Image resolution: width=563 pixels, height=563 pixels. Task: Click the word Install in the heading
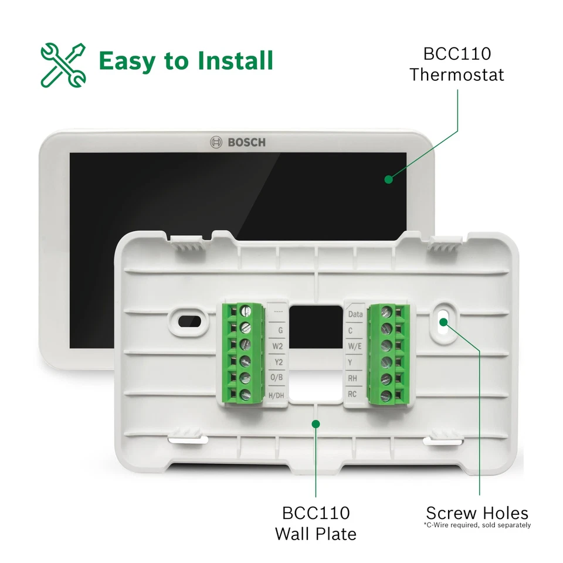pyautogui.click(x=230, y=61)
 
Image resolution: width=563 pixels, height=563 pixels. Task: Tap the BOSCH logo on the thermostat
pyautogui.click(x=238, y=142)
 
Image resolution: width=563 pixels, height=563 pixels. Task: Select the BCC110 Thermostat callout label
pyautogui.click(x=457, y=65)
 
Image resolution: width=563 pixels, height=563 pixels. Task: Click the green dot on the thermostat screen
pyautogui.click(x=388, y=179)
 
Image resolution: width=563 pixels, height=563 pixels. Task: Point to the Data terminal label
pyautogui.click(x=355, y=314)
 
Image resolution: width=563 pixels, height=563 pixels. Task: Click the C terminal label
pyautogui.click(x=351, y=331)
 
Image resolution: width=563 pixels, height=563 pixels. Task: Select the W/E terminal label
pyautogui.click(x=355, y=347)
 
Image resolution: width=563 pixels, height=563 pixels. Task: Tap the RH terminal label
pyautogui.click(x=352, y=378)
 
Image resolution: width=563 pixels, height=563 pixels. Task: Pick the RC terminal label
pyautogui.click(x=352, y=394)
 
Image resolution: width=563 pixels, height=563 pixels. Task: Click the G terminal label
pyautogui.click(x=280, y=331)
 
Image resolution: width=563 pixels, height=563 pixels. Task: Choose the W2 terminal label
pyautogui.click(x=278, y=347)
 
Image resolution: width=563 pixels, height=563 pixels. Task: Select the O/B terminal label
pyautogui.click(x=278, y=378)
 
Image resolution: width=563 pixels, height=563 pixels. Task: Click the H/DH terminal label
pyautogui.click(x=276, y=395)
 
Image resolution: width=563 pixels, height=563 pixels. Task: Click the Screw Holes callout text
pyautogui.click(x=477, y=512)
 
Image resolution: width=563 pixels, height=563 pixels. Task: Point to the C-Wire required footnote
pyautogui.click(x=477, y=525)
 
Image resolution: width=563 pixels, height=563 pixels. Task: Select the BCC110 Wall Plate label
pyautogui.click(x=316, y=523)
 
